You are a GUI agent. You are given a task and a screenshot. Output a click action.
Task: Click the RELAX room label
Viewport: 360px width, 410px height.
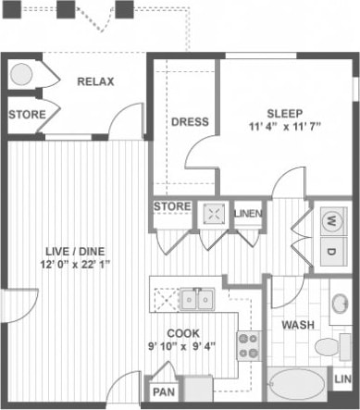click(x=94, y=81)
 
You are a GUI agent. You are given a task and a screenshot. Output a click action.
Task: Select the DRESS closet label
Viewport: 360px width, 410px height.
click(x=190, y=121)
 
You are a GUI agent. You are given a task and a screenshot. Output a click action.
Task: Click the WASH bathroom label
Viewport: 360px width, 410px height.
click(x=297, y=326)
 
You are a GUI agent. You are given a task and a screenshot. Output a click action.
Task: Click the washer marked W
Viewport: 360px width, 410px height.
click(x=330, y=222)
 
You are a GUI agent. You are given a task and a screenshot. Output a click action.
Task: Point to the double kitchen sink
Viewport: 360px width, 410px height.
click(x=197, y=298)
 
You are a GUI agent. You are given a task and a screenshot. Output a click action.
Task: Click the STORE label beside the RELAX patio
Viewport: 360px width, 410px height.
click(x=27, y=115)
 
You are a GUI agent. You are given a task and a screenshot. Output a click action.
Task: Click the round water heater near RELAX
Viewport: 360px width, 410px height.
click(x=21, y=75)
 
